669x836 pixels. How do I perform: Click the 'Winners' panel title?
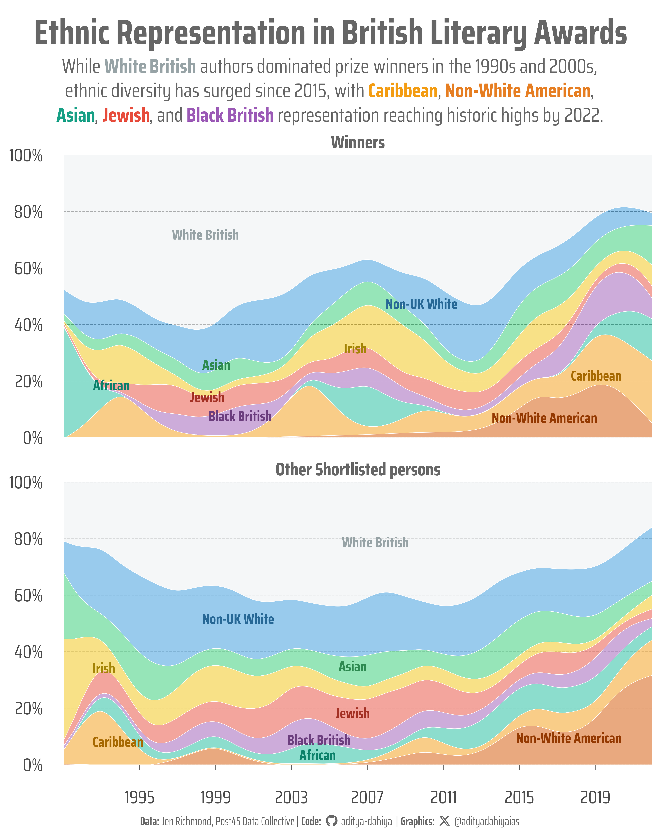[x=358, y=143]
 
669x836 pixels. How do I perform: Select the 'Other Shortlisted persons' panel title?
[x=358, y=470]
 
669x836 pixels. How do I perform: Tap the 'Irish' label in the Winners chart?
[x=355, y=349]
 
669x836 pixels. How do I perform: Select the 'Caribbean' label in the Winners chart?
[x=596, y=376]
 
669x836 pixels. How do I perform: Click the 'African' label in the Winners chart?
[x=111, y=386]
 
